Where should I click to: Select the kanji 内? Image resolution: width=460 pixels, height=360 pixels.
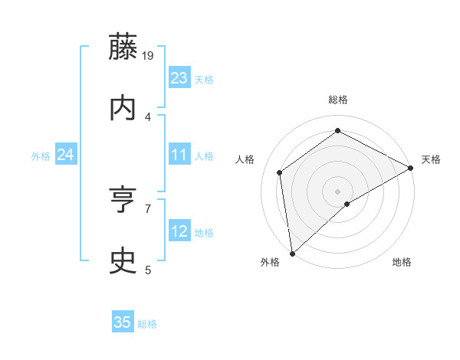pos(123,109)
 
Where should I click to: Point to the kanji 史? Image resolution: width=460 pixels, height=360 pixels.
pos(123,262)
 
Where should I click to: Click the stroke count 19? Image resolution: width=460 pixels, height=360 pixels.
pos(148,55)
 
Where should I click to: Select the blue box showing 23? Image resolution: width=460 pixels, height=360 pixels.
pos(179,78)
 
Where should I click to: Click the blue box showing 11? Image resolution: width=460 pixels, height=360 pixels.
pos(179,155)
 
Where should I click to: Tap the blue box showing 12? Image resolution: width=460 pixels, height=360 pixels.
pos(179,231)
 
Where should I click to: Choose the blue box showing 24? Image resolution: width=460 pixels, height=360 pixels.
pos(65,155)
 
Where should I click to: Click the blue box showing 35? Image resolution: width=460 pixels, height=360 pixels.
pos(123,322)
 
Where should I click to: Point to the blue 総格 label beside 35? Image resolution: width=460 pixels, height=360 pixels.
pos(147,324)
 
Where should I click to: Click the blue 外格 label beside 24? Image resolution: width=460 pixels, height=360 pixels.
pos(41,156)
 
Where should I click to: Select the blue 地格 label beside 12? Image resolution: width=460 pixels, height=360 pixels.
pos(204,233)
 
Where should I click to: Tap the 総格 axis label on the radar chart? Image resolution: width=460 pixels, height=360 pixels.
pos(337,100)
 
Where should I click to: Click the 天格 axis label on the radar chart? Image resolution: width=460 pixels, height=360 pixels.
pos(431,159)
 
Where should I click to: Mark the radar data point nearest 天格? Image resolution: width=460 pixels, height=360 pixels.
pos(411,168)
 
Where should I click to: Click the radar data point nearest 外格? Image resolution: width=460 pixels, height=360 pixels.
pos(292,253)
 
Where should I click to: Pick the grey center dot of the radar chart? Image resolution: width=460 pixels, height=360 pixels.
pos(337,191)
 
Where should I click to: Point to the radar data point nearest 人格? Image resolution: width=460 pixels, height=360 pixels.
pos(280,172)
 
